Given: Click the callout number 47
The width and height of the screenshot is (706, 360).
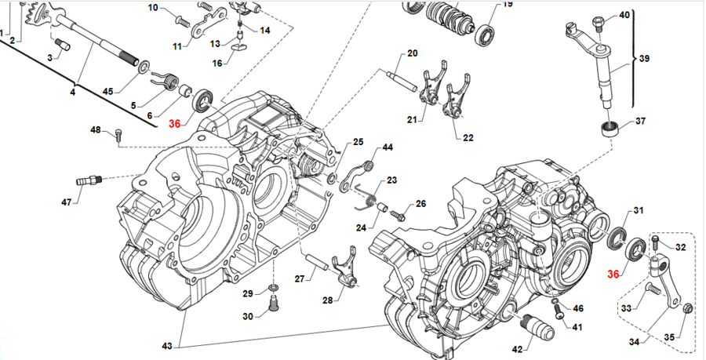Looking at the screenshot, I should pos(66,202).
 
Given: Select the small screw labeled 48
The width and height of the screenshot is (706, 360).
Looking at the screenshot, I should pos(119,134).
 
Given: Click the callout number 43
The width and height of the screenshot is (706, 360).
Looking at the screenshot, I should pos(167,346).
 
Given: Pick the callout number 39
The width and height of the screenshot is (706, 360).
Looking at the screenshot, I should pos(645,59).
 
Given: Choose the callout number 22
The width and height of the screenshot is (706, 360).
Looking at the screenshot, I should pos(468,138).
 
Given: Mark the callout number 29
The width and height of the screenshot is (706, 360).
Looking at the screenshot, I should pos(247,293).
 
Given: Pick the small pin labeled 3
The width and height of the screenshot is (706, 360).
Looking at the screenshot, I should pos(63,44).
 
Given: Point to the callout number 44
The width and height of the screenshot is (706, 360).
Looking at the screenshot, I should pos(388,148).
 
